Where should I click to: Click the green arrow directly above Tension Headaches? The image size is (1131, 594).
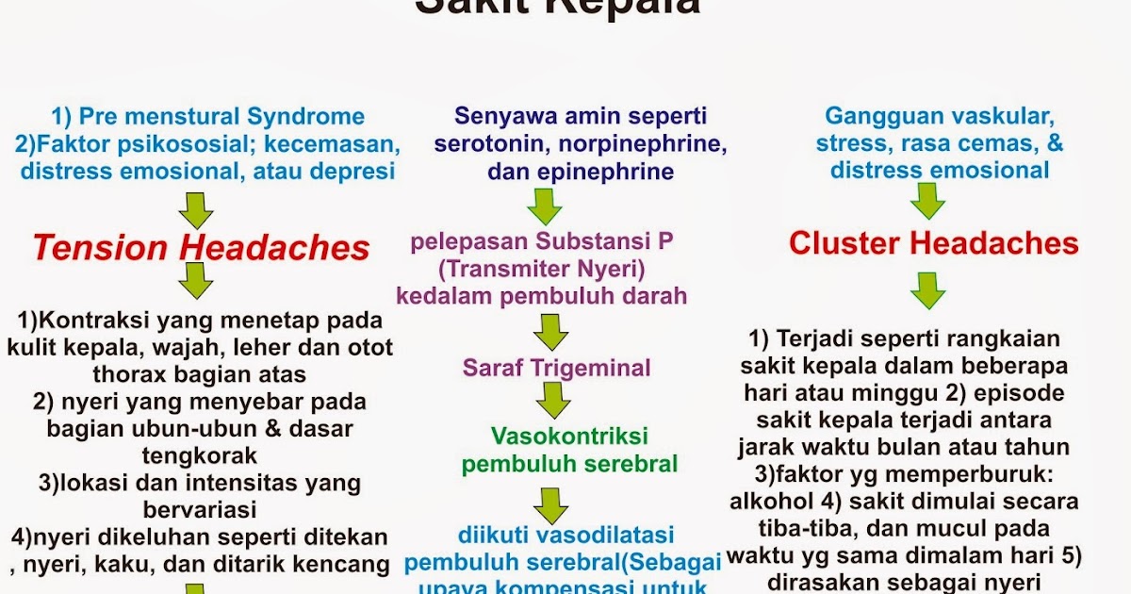[195, 209]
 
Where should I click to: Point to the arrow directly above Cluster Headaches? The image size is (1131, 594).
[927, 201]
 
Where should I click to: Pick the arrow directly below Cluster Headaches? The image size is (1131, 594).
[927, 290]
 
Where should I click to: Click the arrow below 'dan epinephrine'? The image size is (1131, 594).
[544, 206]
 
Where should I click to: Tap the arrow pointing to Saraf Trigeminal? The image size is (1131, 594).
[550, 332]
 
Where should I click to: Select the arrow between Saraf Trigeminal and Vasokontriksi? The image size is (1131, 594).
[552, 400]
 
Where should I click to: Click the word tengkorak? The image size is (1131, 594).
[199, 456]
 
